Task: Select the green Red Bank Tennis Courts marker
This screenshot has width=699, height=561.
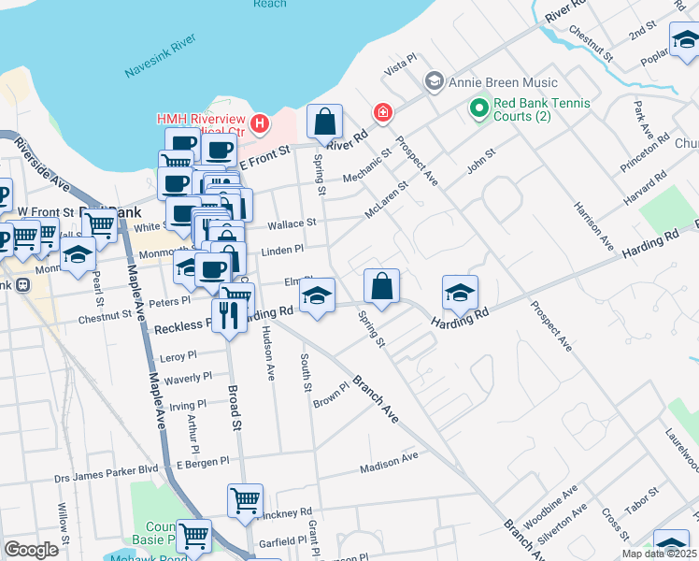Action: pos(479,109)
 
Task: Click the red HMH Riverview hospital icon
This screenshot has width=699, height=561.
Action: pos(260,122)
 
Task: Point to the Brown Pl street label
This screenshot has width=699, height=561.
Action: pos(331,399)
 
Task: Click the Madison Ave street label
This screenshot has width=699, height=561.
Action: pos(390,459)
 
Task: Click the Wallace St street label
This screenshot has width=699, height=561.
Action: pos(292,224)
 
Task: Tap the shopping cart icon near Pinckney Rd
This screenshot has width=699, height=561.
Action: pos(245,500)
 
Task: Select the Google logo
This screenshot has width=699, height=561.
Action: pos(31,549)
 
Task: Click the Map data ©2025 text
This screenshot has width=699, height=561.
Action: pos(658,554)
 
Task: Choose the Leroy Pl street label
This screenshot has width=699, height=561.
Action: pos(179,357)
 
